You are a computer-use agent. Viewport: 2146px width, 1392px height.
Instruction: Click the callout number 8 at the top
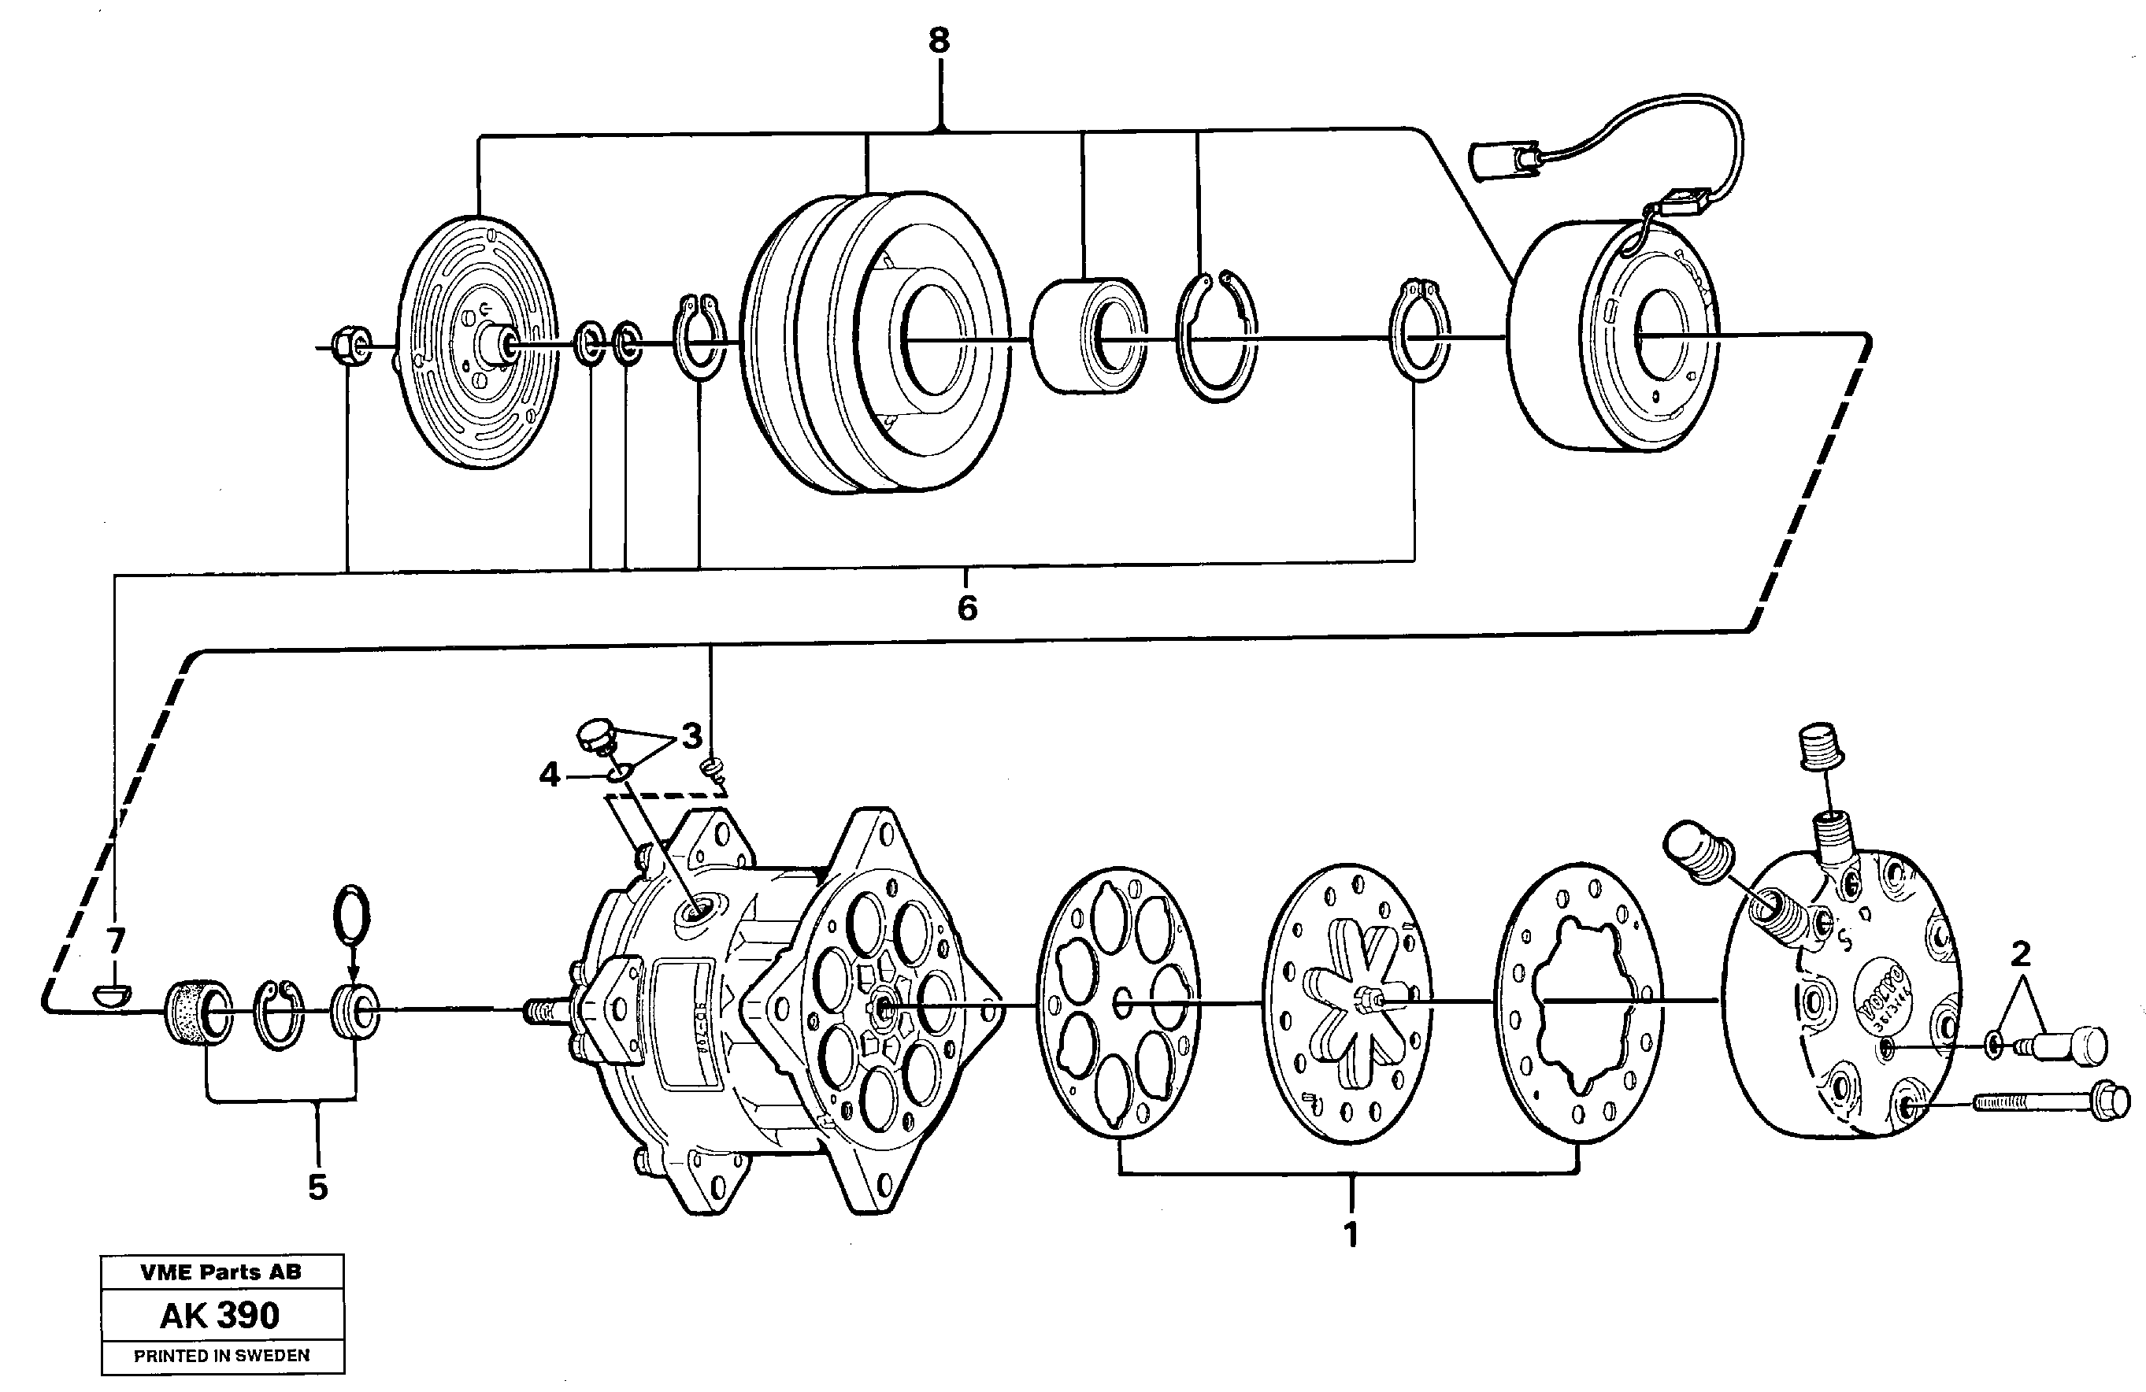tap(939, 42)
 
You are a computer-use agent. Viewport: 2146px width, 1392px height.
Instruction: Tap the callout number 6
tap(966, 609)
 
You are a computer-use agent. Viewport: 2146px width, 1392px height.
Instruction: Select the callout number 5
tap(317, 1187)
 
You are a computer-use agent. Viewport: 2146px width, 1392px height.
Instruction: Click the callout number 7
tap(114, 941)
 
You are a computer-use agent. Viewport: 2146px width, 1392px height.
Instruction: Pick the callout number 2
tap(2021, 953)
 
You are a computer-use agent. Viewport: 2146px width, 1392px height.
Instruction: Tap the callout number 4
tap(549, 775)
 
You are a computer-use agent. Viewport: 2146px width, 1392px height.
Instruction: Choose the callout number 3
tap(691, 737)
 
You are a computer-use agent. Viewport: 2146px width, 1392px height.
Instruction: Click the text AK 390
tap(221, 1316)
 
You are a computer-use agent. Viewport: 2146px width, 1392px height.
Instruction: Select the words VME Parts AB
tap(221, 1272)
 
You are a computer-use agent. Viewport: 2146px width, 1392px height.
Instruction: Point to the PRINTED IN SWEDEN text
tap(221, 1355)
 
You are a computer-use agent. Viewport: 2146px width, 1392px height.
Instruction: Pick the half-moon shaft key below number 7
tap(113, 995)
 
